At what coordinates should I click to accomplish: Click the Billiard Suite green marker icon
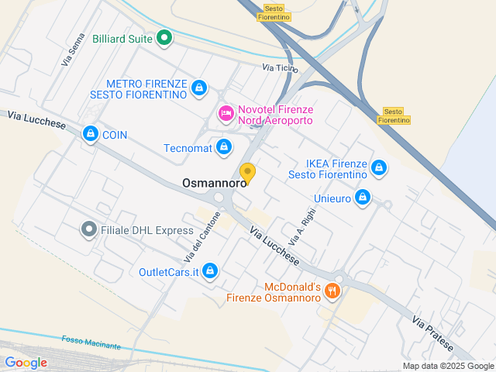[x=164, y=37]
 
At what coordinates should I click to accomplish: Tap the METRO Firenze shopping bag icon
[x=199, y=88]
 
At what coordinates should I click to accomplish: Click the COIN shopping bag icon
[x=91, y=134]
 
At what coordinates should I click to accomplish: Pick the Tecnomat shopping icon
[x=224, y=146]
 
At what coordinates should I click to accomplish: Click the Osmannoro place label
[x=213, y=184]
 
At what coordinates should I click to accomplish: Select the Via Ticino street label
[x=280, y=68]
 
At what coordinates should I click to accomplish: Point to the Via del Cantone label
[x=197, y=237]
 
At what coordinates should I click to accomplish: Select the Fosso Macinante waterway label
[x=91, y=342]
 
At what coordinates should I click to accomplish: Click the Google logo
[x=26, y=362]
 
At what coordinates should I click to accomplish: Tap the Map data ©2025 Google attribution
[x=447, y=366]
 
